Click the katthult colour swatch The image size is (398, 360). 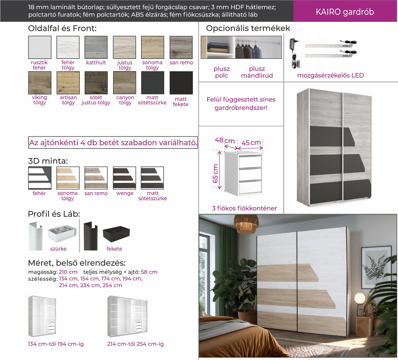96,47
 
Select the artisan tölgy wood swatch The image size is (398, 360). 68,83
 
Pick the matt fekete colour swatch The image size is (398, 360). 181,83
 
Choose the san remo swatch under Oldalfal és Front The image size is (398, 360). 181,47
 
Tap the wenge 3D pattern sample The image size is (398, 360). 124,178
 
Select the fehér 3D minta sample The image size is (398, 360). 40,178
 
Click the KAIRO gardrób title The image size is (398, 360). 345,12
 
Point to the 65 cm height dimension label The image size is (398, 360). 215,173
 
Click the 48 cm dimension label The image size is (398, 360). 225,140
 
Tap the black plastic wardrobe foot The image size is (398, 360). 116,234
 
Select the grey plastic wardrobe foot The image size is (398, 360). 62,234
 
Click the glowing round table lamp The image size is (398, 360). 360,298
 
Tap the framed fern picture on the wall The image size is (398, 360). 376,267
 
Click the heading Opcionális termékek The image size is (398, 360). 248,28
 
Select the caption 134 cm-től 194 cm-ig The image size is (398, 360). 56,344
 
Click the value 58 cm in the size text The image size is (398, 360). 149,272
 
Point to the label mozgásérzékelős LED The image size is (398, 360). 330,75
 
